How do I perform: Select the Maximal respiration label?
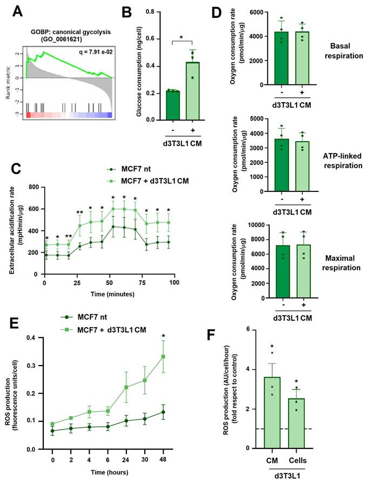[338, 263]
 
